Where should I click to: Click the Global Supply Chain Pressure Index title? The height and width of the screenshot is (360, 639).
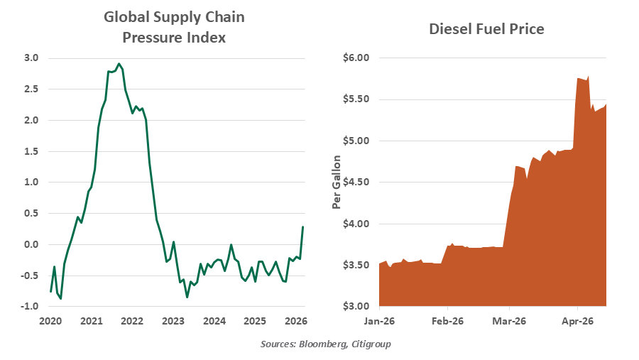tap(169, 27)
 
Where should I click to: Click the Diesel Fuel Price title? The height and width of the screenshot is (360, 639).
tap(486, 29)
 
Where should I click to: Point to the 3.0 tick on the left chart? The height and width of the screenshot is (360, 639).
tap(31, 58)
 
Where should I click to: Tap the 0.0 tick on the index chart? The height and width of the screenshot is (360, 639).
tap(31, 244)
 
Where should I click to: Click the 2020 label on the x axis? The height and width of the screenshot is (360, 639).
tap(50, 322)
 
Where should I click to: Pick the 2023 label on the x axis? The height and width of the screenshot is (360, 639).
tap(173, 322)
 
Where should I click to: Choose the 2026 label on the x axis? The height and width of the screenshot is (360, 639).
tap(295, 322)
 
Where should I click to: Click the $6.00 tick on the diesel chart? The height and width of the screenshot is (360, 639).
tap(356, 58)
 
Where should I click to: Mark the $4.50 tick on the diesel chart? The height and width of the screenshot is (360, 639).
tap(356, 182)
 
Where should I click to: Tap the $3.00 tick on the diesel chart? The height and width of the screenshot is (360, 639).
tap(356, 307)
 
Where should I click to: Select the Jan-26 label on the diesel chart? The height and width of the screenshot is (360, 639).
tap(379, 322)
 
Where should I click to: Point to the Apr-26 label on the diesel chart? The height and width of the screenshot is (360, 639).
tap(577, 322)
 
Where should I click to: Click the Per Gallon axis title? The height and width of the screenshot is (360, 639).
tap(337, 182)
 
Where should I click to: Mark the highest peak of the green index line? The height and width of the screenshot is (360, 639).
tap(119, 63)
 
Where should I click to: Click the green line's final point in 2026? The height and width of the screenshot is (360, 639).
tap(303, 227)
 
